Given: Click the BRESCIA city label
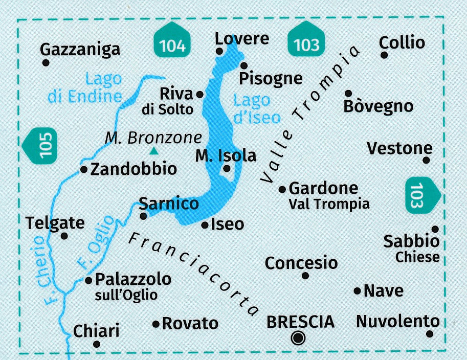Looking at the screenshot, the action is click(x=301, y=322).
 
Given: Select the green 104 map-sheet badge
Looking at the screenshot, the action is click(x=172, y=45).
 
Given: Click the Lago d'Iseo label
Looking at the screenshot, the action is click(x=256, y=109).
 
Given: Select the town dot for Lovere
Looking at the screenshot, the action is click(x=219, y=51).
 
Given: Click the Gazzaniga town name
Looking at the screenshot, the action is click(x=80, y=49).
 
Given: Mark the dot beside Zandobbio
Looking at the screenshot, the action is click(x=83, y=169).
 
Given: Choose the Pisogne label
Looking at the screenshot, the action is click(x=271, y=78).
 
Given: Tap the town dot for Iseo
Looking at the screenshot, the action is click(x=205, y=224).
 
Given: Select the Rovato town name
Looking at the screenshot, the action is click(x=190, y=323).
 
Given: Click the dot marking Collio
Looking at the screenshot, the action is click(x=383, y=55).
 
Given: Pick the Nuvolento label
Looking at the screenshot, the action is click(x=397, y=322).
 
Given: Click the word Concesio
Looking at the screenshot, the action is click(x=301, y=263).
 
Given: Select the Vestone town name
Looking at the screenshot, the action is click(x=399, y=149).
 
